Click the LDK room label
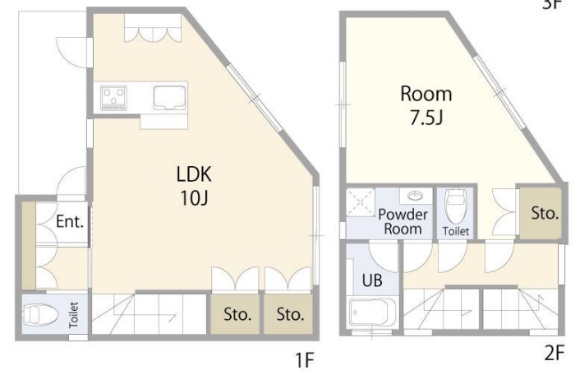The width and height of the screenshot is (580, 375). (194, 174)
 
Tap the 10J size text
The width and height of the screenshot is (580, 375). (194, 198)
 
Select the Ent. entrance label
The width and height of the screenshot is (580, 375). (70, 221)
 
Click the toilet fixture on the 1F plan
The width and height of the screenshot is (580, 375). (40, 315)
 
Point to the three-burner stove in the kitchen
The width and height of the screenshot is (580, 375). (114, 98)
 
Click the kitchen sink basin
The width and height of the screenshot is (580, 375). (169, 98)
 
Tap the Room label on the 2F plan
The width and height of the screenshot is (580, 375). (426, 94)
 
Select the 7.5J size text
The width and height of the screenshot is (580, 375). (426, 118)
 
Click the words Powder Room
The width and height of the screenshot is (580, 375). (403, 221)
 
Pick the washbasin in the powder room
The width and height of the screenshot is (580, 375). (417, 195)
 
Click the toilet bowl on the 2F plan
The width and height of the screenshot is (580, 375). (456, 207)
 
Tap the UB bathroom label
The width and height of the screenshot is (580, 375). (372, 280)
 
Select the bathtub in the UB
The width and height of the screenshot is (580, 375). (372, 312)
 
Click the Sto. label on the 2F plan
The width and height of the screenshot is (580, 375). (545, 213)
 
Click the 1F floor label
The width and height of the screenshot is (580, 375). (304, 360)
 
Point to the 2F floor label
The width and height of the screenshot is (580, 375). (554, 353)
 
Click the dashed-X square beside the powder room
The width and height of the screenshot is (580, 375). (361, 201)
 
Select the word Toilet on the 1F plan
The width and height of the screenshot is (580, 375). (74, 315)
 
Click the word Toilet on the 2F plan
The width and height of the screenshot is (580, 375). (456, 231)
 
